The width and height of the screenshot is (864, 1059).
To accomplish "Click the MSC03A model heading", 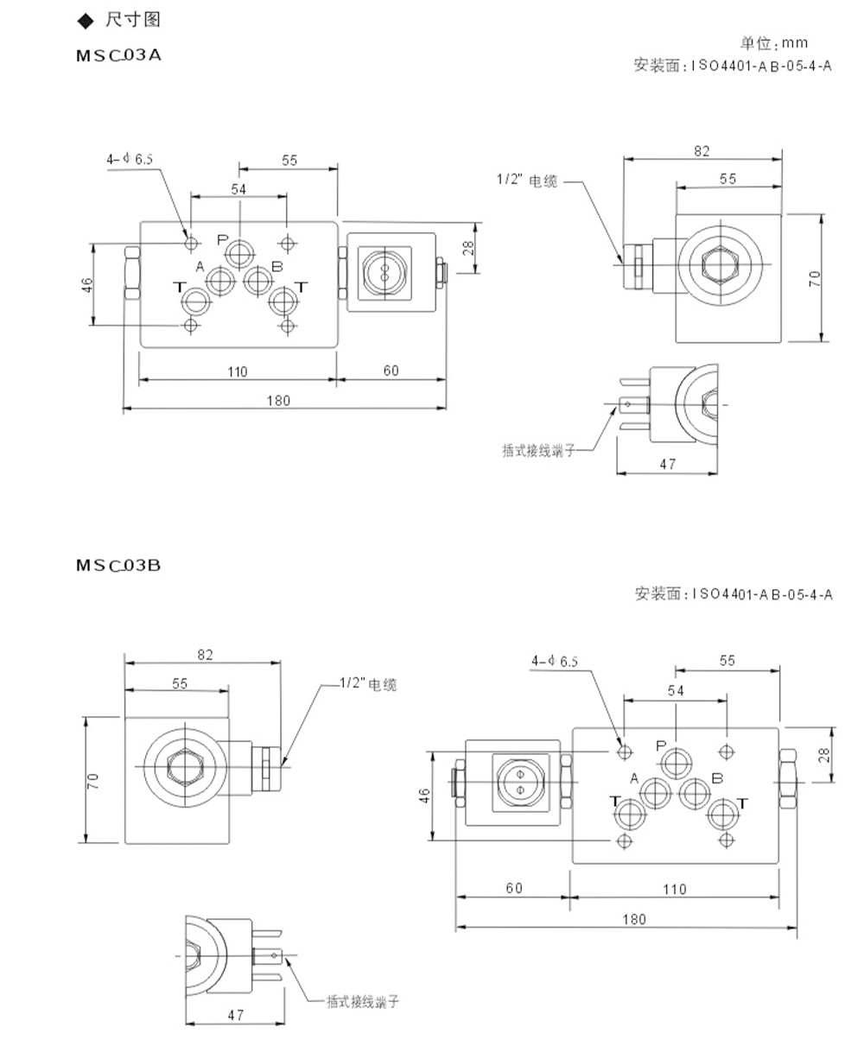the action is pyautogui.click(x=118, y=55).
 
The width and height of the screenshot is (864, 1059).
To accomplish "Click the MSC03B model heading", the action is pyautogui.click(x=118, y=566).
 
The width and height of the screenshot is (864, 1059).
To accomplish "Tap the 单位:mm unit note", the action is pyautogui.click(x=774, y=43).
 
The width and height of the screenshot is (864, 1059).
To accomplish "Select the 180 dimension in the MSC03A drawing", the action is pyautogui.click(x=278, y=401).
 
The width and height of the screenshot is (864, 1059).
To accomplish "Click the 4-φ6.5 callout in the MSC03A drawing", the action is pyautogui.click(x=130, y=159).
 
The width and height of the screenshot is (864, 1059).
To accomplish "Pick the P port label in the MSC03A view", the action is pyautogui.click(x=223, y=240).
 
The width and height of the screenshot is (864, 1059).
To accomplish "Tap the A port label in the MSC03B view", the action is pyautogui.click(x=634, y=779).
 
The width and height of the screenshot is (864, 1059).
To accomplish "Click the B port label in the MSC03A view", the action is pyautogui.click(x=276, y=267).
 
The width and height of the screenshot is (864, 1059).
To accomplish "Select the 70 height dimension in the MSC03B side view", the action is pyautogui.click(x=93, y=781).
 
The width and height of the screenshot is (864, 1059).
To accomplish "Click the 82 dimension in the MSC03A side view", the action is pyautogui.click(x=702, y=151).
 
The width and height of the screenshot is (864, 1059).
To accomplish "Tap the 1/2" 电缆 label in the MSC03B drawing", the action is pyautogui.click(x=368, y=684).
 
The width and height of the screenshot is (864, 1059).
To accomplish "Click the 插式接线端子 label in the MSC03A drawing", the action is pyautogui.click(x=538, y=450).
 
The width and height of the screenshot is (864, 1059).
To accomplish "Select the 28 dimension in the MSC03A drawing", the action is pyautogui.click(x=468, y=248).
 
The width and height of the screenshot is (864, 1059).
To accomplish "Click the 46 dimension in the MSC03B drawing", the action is pyautogui.click(x=424, y=796).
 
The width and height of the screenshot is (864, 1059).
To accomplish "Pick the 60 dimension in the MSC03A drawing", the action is pyautogui.click(x=391, y=371).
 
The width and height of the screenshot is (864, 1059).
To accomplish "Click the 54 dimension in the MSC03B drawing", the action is pyautogui.click(x=676, y=691).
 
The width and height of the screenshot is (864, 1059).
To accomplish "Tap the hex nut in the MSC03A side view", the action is pyautogui.click(x=721, y=264).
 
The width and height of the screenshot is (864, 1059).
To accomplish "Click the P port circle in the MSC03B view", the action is pyautogui.click(x=677, y=763).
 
